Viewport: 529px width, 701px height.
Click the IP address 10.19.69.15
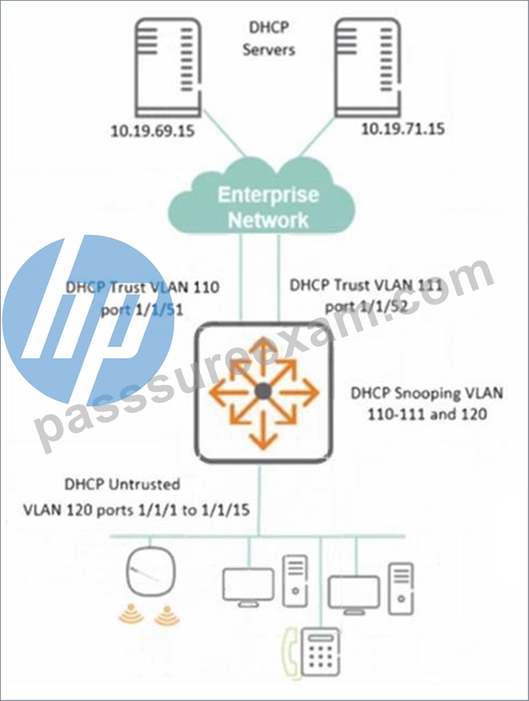[x=152, y=131]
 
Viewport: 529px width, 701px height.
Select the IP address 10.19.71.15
[x=403, y=129]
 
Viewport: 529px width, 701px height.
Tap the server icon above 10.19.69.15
[x=168, y=68]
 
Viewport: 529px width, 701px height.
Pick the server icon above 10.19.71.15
[x=367, y=68]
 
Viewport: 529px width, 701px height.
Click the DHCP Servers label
[x=269, y=38]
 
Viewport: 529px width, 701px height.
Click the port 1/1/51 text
[x=142, y=310]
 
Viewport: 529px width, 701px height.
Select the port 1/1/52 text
[x=366, y=307]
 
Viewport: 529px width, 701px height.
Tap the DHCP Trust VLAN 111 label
[x=366, y=285]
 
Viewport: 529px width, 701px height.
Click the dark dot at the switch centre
[x=263, y=392]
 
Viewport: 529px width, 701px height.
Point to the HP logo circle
[x=88, y=320]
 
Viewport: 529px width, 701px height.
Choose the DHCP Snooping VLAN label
[x=427, y=393]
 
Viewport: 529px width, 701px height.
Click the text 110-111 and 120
[x=427, y=415]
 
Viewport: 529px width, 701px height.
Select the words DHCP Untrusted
[x=122, y=484]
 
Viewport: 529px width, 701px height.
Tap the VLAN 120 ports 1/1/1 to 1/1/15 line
[x=136, y=510]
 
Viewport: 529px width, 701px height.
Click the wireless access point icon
[x=151, y=572]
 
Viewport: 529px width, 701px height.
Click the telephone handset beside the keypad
[x=291, y=651]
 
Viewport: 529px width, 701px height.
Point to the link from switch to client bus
[x=260, y=500]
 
